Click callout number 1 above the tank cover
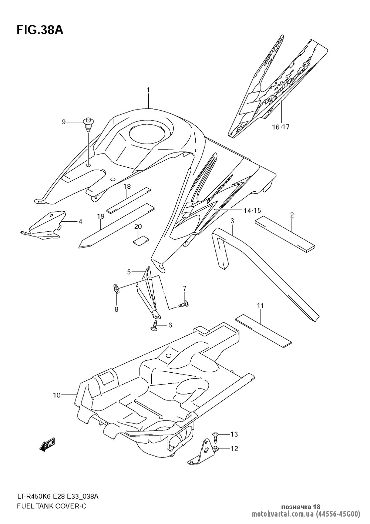click(x=148, y=90)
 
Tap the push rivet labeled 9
click(x=88, y=123)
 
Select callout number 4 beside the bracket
click(x=80, y=222)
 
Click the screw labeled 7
click(x=184, y=305)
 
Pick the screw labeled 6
click(x=154, y=326)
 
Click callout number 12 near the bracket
click(x=234, y=449)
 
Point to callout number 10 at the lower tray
click(x=56, y=396)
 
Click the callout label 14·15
click(x=252, y=211)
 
